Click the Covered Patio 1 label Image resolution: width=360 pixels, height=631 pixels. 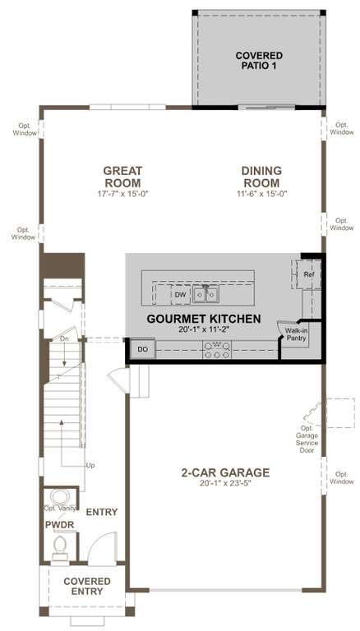259,60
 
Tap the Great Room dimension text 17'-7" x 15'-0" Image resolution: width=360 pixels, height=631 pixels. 122,194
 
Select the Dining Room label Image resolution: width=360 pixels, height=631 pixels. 261,177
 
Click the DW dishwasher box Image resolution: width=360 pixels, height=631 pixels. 180,295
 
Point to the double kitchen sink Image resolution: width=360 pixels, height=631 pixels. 205,294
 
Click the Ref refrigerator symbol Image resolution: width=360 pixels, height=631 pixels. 308,274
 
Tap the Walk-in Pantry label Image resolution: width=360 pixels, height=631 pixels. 296,334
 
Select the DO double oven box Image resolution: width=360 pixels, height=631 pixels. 142,349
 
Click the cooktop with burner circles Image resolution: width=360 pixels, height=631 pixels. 218,350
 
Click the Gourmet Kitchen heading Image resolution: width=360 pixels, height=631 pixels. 203,319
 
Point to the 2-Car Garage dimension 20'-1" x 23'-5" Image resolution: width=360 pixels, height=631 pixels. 225,484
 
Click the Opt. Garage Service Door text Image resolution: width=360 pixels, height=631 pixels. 309,439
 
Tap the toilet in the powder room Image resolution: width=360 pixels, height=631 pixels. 60,548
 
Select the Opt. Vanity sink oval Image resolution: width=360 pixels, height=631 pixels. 60,496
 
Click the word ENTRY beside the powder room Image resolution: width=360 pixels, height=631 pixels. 102,512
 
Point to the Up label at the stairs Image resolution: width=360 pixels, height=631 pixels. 90,465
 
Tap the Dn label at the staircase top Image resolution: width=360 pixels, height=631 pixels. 64,339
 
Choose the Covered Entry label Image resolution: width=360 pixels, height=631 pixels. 87,587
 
